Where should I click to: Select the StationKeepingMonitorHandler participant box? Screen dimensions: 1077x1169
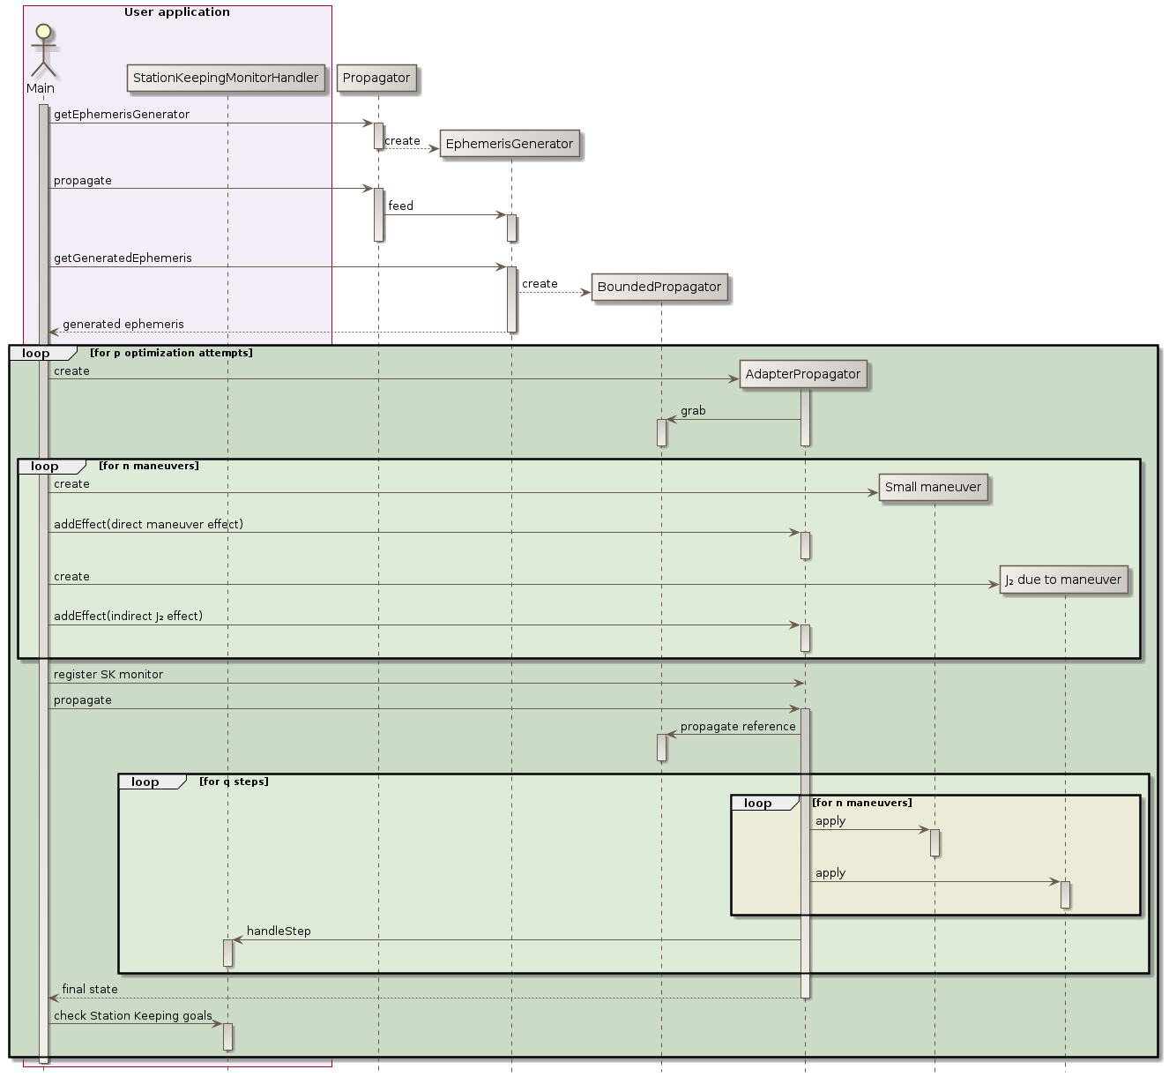[x=226, y=78]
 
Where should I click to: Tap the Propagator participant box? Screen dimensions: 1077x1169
[x=376, y=78]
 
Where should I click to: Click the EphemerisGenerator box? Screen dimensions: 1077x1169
[x=510, y=144]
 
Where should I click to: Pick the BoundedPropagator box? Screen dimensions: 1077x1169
[x=659, y=287]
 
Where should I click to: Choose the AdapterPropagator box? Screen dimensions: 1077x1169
[x=803, y=374]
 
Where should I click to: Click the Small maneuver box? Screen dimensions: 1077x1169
[x=933, y=487]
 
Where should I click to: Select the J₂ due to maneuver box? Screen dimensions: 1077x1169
[x=1063, y=580]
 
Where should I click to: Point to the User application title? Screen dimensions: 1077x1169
[x=177, y=12]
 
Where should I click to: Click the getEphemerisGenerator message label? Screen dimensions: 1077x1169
[x=122, y=115]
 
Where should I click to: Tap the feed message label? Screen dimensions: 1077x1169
[x=401, y=206]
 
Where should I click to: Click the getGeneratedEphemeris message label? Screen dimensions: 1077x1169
[x=123, y=258]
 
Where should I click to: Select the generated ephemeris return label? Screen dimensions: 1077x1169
[x=123, y=325]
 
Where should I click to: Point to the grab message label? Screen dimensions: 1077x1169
[x=693, y=411]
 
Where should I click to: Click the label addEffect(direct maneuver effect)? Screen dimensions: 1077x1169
[x=148, y=525]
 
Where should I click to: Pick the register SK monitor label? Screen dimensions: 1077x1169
[x=108, y=675]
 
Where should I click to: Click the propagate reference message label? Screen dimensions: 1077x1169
[x=738, y=727]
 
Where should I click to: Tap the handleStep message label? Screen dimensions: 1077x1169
[x=279, y=931]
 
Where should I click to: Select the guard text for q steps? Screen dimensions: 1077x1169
[x=234, y=782]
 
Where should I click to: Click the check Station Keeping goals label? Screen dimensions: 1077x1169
[x=133, y=1016]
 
